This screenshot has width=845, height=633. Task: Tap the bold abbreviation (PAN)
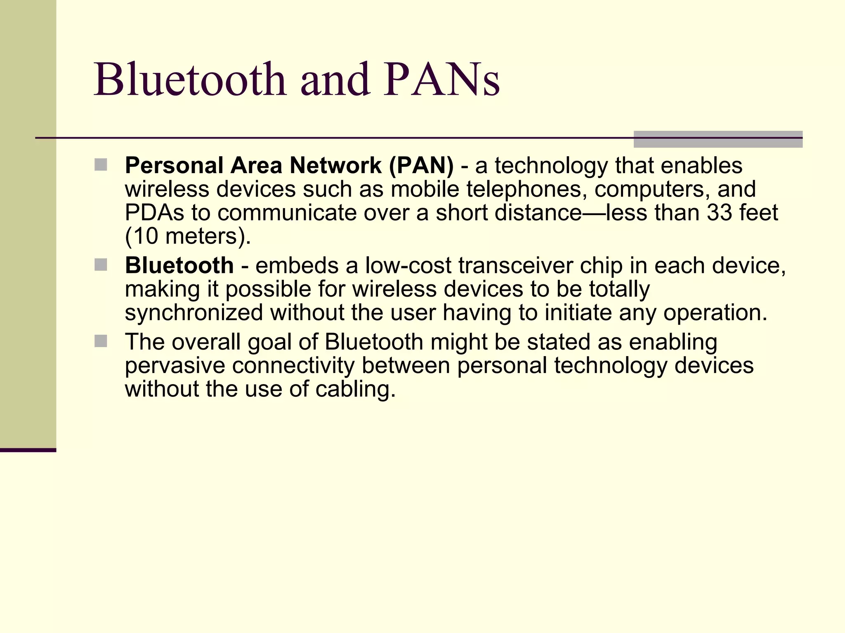[x=421, y=166]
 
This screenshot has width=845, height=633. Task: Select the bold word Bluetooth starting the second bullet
[x=179, y=265]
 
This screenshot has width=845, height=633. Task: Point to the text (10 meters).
[x=188, y=237]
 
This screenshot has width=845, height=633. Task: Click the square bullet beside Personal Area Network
[x=101, y=165]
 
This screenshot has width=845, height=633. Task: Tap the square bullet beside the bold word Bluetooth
[x=101, y=265]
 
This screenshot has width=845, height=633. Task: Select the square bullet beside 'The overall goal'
[x=101, y=341]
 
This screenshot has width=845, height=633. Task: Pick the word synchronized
[x=194, y=313]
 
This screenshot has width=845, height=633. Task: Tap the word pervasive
[x=175, y=366]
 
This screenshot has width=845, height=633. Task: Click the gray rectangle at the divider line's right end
[x=718, y=139]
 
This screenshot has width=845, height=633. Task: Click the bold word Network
[x=335, y=166]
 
